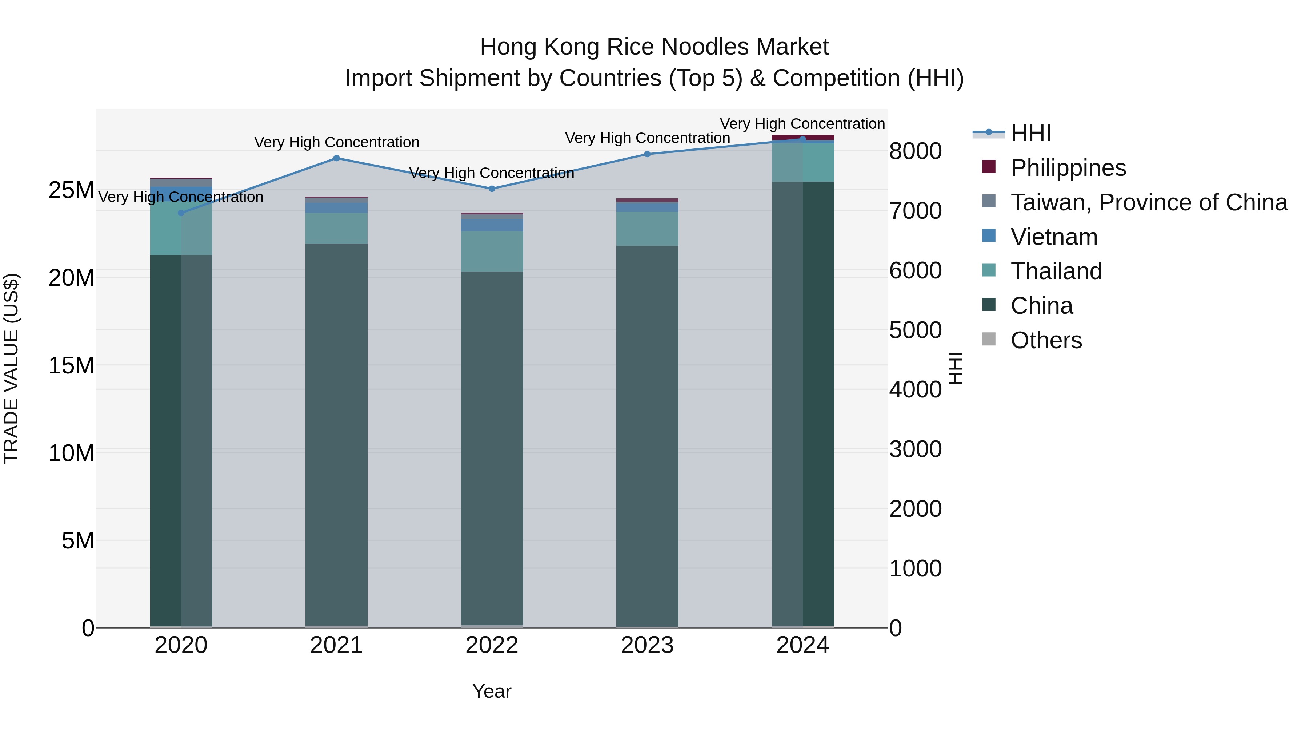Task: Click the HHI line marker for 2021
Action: click(x=336, y=158)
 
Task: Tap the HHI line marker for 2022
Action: click(x=492, y=189)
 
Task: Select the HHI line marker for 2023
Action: click(x=647, y=154)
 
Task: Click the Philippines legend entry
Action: click(x=1068, y=168)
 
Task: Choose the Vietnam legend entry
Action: click(x=1054, y=237)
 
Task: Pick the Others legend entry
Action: click(x=1046, y=340)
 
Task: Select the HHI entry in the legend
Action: click(x=1030, y=133)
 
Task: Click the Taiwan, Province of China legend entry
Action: click(x=1148, y=202)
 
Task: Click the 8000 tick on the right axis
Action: click(x=915, y=151)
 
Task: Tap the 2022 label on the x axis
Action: click(x=492, y=645)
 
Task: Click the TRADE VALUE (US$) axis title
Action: click(x=11, y=368)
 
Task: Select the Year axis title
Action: click(x=492, y=691)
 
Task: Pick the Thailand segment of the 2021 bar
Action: click(x=336, y=228)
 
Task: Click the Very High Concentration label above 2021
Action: click(x=336, y=142)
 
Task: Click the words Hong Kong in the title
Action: click(x=541, y=47)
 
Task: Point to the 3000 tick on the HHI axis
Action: click(x=915, y=449)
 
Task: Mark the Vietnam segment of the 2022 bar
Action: click(x=492, y=225)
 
